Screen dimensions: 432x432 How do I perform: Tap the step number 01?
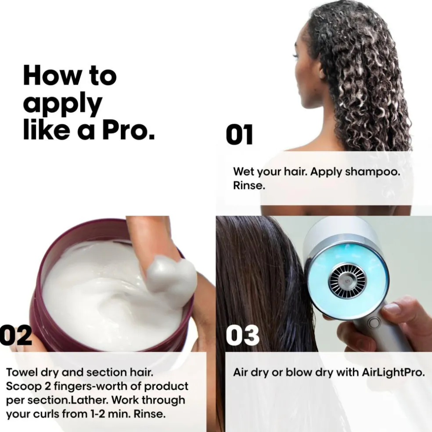(x=239, y=135)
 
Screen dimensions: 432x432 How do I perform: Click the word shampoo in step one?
(x=372, y=172)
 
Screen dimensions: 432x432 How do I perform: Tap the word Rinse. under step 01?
(x=249, y=185)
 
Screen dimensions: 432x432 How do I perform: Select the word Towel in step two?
(x=22, y=372)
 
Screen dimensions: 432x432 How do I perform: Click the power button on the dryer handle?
(x=375, y=323)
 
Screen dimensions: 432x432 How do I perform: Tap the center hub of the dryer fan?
(x=348, y=281)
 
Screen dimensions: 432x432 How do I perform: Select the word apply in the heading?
(x=62, y=104)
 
